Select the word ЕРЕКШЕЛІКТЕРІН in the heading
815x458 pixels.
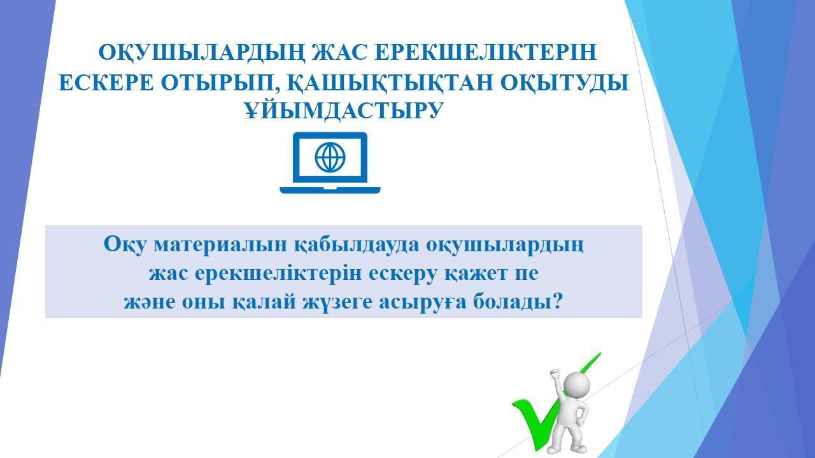point(486,52)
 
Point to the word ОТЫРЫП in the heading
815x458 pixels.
point(222,83)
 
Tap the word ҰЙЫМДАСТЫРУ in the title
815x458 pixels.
point(344,111)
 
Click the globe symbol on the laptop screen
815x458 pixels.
point(330,157)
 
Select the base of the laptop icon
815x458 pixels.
point(330,190)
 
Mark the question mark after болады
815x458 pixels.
point(556,300)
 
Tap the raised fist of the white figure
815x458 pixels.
point(555,375)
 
